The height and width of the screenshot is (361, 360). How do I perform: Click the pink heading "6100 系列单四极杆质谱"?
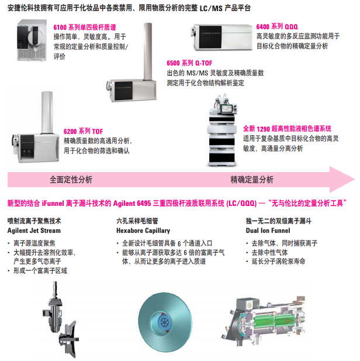[x=85, y=27]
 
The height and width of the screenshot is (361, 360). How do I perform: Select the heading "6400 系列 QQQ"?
[x=277, y=27]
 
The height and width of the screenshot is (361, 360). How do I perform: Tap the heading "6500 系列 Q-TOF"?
[x=189, y=63]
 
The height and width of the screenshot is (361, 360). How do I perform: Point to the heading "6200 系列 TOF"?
[x=83, y=131]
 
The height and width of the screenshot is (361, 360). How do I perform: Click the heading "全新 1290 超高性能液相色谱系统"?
[x=287, y=129]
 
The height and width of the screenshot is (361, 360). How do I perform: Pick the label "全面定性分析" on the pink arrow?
[x=71, y=180]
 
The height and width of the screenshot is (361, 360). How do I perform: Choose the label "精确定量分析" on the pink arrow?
[x=252, y=180]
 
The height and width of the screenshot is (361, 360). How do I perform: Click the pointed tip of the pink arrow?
[x=355, y=180]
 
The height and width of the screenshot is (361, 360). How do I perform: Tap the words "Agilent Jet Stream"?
[x=34, y=231]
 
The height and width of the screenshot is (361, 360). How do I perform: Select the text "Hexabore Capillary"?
[x=143, y=231]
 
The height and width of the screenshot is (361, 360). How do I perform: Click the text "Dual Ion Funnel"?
[x=268, y=231]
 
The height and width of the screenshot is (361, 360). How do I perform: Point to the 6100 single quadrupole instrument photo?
[x=32, y=40]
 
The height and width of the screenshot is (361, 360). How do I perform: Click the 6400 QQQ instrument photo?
[x=222, y=37]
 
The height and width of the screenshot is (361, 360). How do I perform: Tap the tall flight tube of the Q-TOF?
[x=148, y=51]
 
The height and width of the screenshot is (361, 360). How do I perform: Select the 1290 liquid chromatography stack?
[x=221, y=130]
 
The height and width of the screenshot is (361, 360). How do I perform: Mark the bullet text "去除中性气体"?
[x=269, y=253]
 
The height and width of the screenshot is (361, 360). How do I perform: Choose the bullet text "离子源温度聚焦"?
[x=34, y=243]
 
